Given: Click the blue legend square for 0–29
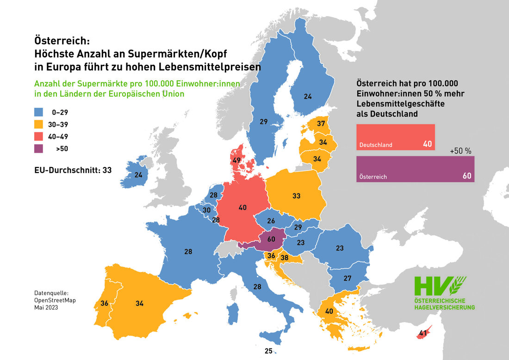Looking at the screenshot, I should coord(39,112).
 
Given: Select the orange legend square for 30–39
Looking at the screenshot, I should coord(39,124).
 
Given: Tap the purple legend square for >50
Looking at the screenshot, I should coord(39,149).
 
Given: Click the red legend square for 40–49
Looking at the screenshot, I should coord(39,137).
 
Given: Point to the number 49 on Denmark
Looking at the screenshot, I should coord(236,161).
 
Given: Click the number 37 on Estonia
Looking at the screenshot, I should coord(321,124).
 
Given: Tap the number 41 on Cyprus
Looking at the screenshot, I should coord(422,332).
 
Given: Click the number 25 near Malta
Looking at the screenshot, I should coord(268,351).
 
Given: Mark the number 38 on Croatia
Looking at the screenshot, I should coord(285,258).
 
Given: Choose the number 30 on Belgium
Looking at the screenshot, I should coord(206,210).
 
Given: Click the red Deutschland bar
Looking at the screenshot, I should coord(395,137).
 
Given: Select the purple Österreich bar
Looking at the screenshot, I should coord(415,169).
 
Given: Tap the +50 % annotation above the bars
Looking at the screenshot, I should coord(460,151).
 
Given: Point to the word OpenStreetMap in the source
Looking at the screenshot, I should coord(55,300).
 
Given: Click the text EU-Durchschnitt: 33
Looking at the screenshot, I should coord(73,170).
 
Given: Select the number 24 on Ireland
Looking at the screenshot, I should coord(138,175).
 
